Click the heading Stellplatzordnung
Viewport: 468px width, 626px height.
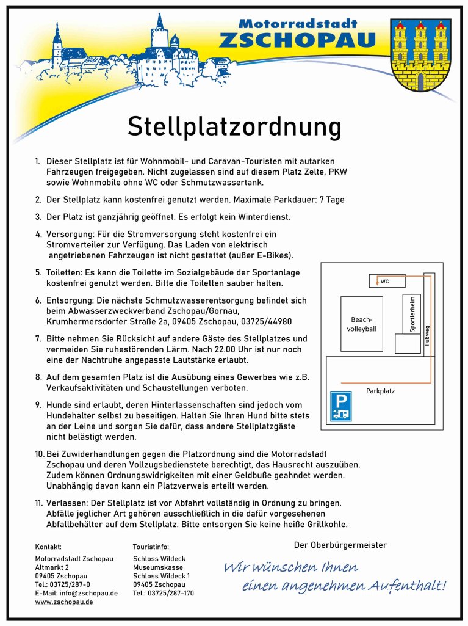[234, 127]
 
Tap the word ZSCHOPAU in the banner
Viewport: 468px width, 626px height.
[297, 40]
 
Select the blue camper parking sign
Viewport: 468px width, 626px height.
[340, 407]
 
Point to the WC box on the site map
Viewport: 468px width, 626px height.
[387, 281]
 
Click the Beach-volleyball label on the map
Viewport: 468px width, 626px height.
[362, 324]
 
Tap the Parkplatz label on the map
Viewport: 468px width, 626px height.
[380, 391]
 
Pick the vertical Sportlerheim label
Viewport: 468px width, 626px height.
[413, 315]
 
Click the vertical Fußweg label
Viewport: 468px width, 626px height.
[427, 335]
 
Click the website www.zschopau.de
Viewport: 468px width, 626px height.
[64, 602]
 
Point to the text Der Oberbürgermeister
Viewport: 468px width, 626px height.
[340, 545]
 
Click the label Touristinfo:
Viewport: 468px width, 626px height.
[151, 547]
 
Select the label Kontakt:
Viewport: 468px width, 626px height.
[48, 547]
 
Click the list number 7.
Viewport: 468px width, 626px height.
[38, 338]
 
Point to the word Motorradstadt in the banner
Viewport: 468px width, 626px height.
[297, 24]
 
